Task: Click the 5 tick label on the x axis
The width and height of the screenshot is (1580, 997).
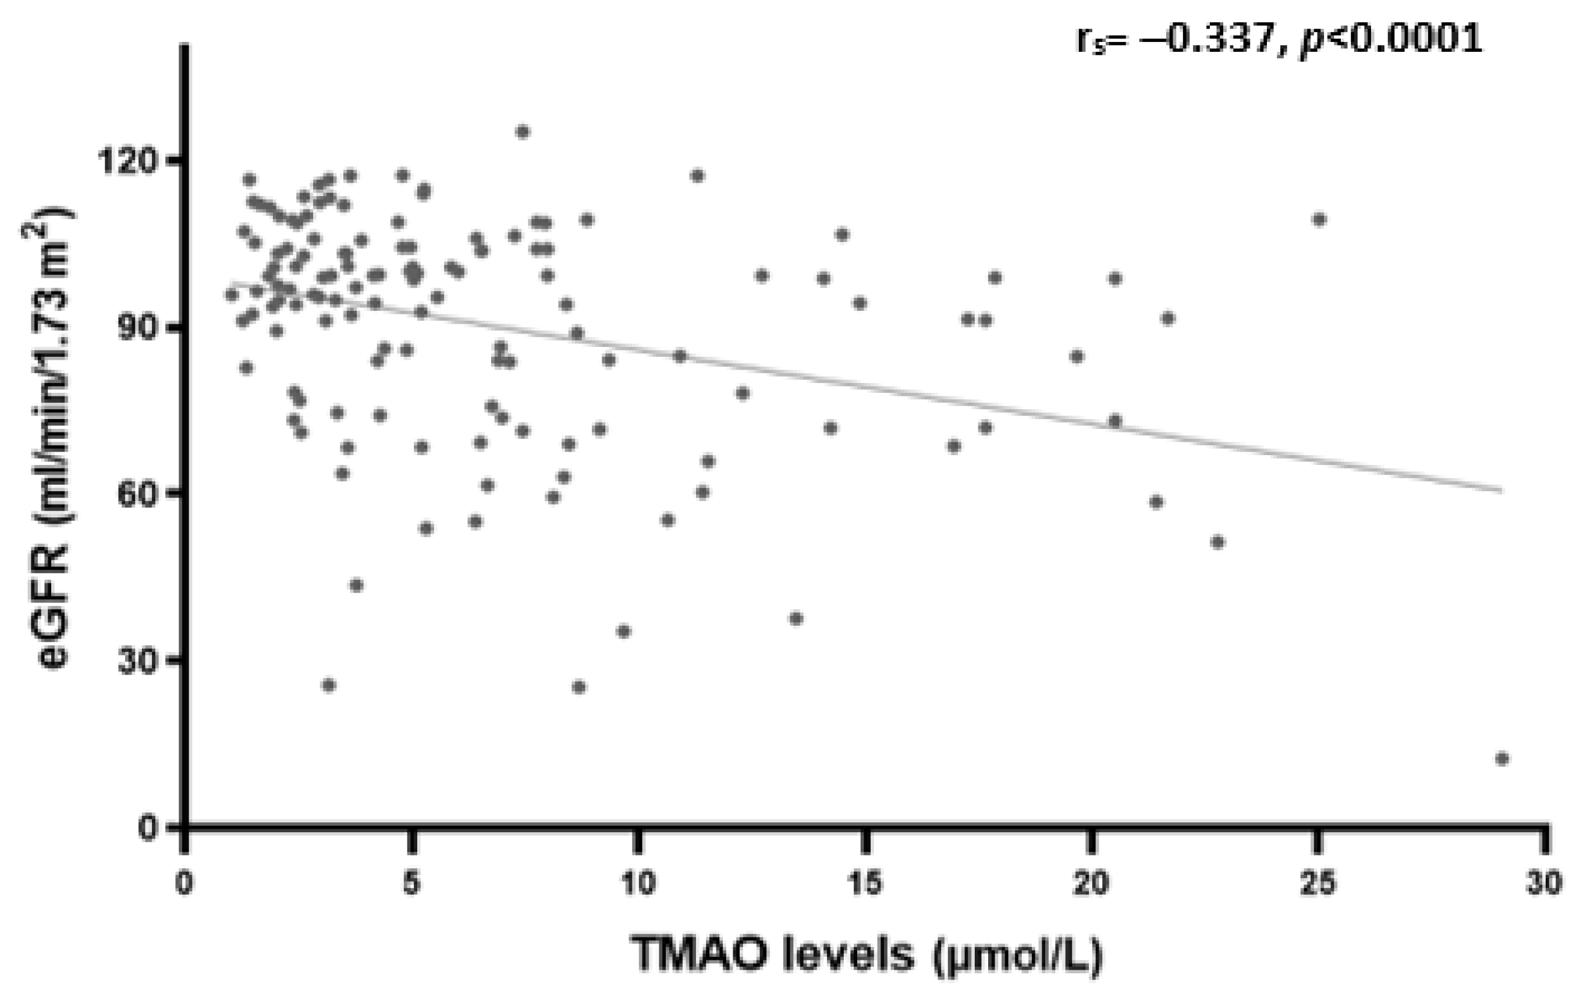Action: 411,884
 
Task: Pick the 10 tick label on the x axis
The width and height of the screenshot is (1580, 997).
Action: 637,884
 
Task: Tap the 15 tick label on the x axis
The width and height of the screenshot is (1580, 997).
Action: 865,884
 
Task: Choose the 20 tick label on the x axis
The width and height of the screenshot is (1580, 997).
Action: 1091,884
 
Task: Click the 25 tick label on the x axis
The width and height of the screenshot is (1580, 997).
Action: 1318,884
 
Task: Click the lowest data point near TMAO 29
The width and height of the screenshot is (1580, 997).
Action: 1502,759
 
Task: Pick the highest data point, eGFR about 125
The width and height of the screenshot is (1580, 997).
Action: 522,132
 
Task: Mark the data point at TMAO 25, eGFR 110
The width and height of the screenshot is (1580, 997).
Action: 1319,219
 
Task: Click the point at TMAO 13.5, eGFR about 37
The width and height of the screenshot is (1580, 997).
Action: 796,618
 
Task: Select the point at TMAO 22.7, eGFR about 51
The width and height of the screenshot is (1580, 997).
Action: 1217,542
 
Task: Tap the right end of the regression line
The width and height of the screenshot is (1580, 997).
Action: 1501,490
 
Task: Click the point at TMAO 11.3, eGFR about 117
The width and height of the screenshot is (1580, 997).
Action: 698,176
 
